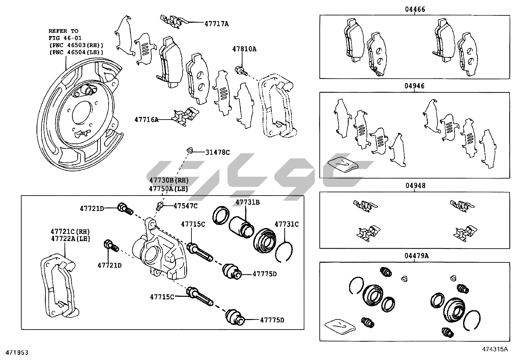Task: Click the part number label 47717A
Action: tap(216, 24)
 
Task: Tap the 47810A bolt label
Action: tap(244, 49)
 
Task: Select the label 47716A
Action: tap(146, 120)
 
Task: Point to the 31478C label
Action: tap(218, 152)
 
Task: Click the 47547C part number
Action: tap(186, 206)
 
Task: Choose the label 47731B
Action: tap(247, 202)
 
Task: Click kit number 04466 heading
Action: tap(415, 9)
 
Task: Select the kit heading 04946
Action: tap(414, 86)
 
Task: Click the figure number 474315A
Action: tap(495, 349)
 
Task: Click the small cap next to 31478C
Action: tap(189, 150)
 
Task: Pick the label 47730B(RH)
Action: tap(169, 180)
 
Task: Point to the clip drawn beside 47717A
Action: tap(172, 21)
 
